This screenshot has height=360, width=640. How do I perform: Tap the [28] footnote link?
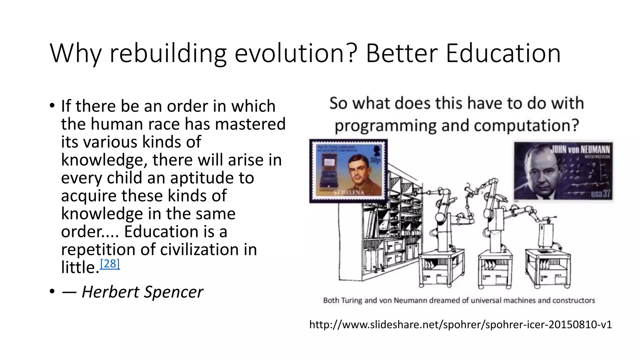110,264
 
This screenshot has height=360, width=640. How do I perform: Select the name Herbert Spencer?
142,292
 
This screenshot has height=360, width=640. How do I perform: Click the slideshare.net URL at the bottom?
460,324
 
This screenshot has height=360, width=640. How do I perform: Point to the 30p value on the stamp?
375,160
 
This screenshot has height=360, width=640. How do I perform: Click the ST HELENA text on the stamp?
348,192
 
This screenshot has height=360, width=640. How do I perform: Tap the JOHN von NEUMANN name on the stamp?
580,149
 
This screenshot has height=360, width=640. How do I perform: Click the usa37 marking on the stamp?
600,193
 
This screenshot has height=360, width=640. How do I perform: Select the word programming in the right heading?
385,126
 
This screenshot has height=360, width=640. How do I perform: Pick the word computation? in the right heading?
526,126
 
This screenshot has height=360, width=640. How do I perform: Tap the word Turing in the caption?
352,300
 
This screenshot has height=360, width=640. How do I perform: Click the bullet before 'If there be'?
52,106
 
